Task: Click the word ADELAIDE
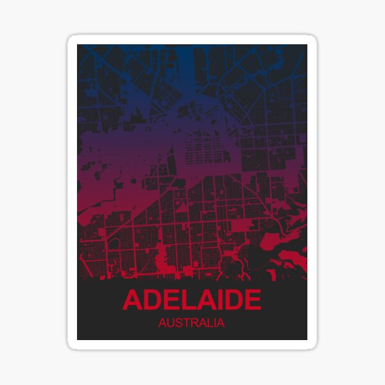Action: pyautogui.click(x=192, y=300)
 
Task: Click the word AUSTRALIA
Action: pyautogui.click(x=191, y=323)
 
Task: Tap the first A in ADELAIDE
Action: pyautogui.click(x=132, y=300)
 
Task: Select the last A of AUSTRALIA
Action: pyautogui.click(x=221, y=323)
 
